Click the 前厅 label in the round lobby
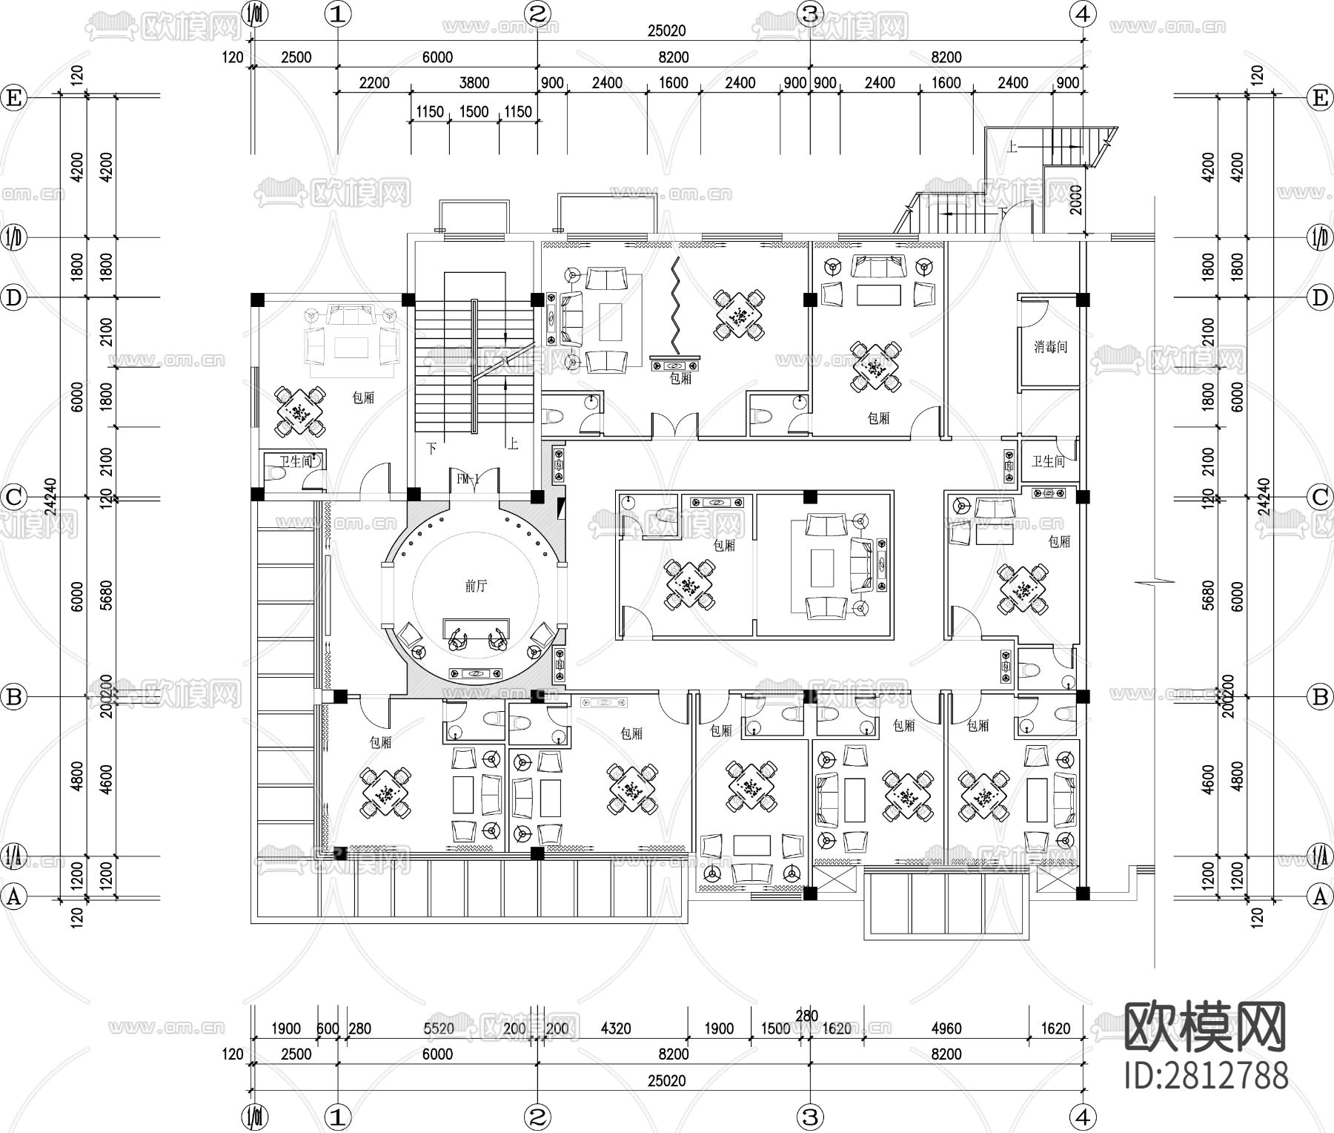tap(476, 586)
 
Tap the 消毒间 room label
tap(1050, 347)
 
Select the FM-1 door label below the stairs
tap(468, 480)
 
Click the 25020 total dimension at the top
tap(666, 31)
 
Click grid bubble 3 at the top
tap(810, 13)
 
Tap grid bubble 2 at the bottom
tap(537, 1116)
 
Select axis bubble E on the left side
tap(14, 98)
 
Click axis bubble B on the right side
tap(1319, 697)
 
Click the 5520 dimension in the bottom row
tap(439, 1028)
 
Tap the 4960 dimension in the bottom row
tap(946, 1028)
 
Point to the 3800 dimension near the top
tap(474, 83)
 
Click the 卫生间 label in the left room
tap(296, 461)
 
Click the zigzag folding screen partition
tap(676, 308)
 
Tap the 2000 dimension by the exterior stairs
tap(1076, 199)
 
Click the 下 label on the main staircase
tap(431, 448)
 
